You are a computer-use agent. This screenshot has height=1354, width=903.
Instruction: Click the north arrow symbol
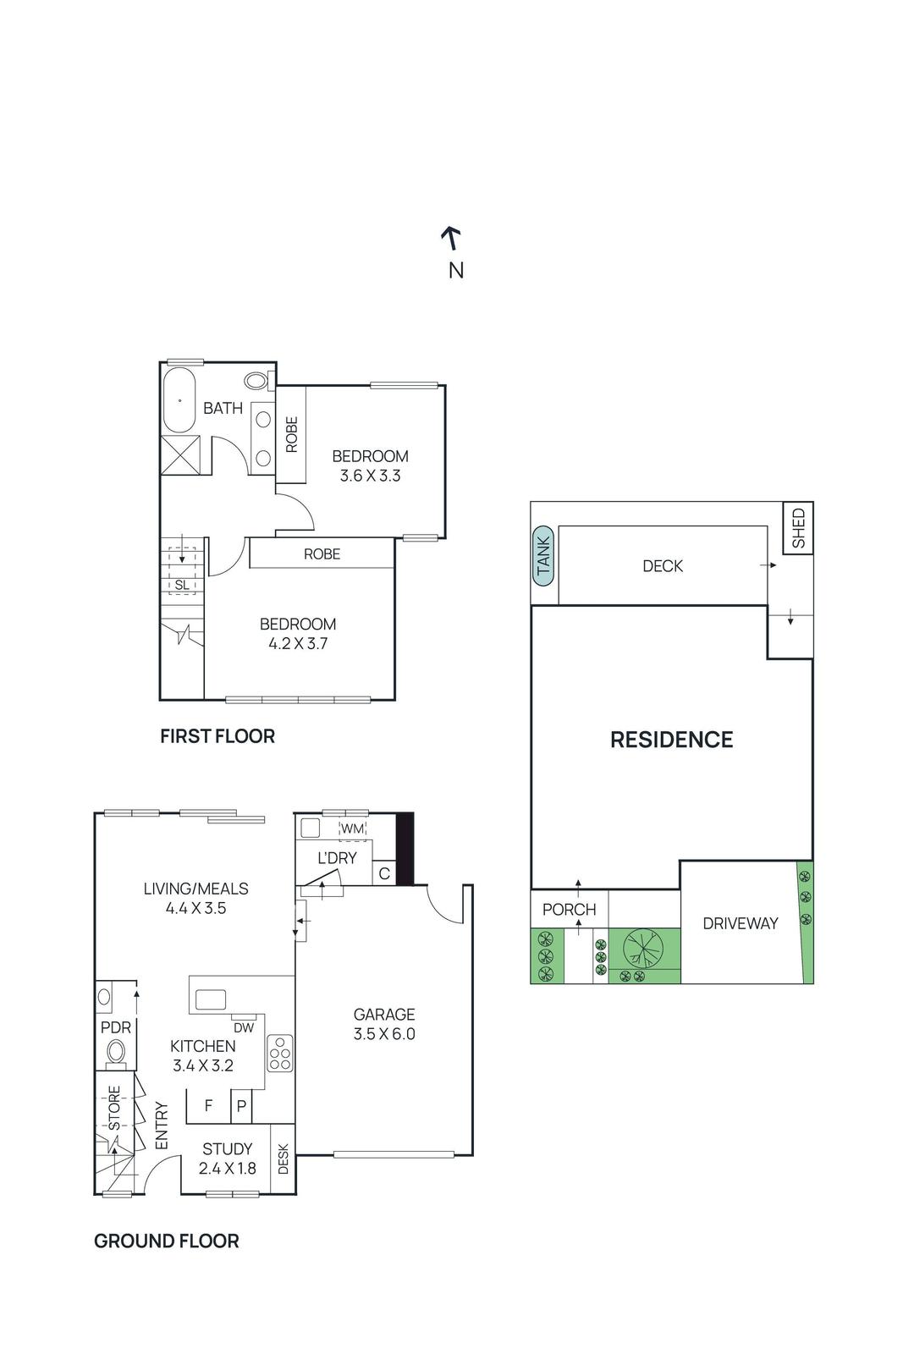click(x=452, y=239)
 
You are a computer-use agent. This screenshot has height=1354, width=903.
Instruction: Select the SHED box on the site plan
click(x=798, y=528)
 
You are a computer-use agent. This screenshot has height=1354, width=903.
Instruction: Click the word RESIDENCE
click(x=671, y=740)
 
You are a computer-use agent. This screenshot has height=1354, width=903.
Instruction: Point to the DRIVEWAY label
click(x=740, y=923)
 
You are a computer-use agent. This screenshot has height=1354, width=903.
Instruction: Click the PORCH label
click(x=569, y=910)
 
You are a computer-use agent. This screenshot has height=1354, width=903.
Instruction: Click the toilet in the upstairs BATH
click(x=256, y=380)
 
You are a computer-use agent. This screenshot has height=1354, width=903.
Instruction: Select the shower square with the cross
click(x=180, y=455)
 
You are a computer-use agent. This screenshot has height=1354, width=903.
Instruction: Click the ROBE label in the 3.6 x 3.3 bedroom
click(x=291, y=434)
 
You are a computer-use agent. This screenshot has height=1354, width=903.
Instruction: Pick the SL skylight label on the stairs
click(x=182, y=585)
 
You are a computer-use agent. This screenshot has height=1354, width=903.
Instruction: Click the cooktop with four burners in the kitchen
click(x=280, y=1054)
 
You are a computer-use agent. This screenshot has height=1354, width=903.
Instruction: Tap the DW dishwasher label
click(x=244, y=1028)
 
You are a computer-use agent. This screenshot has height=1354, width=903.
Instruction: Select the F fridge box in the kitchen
click(x=208, y=1106)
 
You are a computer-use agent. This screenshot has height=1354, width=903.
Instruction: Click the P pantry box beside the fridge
click(x=241, y=1106)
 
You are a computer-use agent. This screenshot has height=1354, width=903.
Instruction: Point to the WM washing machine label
click(x=352, y=828)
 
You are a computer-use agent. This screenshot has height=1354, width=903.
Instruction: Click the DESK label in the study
click(x=283, y=1159)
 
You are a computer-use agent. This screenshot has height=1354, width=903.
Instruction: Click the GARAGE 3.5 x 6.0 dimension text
click(x=384, y=1033)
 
